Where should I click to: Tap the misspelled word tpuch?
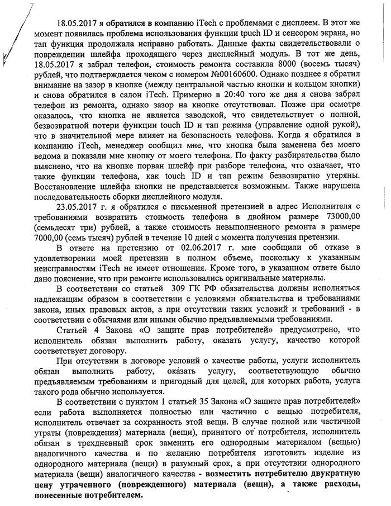[233, 33]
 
